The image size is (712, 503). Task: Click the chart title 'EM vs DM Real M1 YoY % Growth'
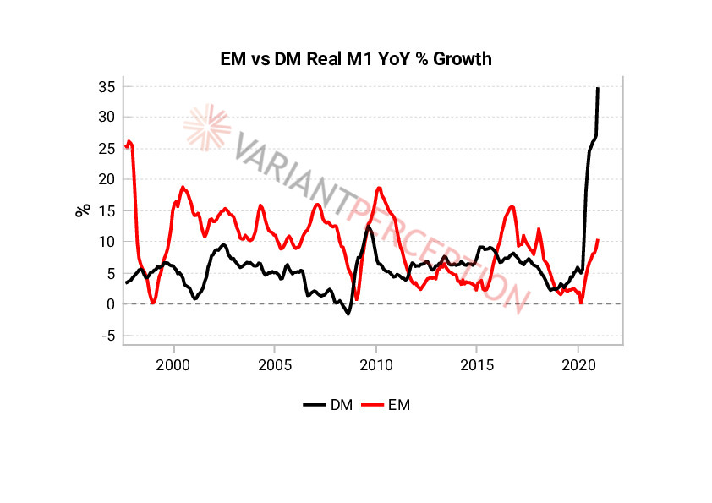pos(355,58)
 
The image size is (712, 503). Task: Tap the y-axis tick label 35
pos(106,86)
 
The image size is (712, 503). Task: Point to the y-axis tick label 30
pos(106,118)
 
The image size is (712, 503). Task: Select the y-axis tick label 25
pos(106,149)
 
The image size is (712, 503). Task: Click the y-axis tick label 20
pos(106,179)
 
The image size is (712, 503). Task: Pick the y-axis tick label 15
pos(106,210)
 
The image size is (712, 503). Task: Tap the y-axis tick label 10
pos(106,242)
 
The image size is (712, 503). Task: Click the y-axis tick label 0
pos(110,304)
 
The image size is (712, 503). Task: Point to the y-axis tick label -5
pos(107,336)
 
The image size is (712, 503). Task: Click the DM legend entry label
pos(342,405)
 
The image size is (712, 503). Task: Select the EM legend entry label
pos(399,405)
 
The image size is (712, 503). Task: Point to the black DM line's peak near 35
pos(598,88)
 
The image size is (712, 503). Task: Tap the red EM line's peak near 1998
pos(129,141)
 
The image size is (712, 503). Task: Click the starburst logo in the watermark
pos(206,126)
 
